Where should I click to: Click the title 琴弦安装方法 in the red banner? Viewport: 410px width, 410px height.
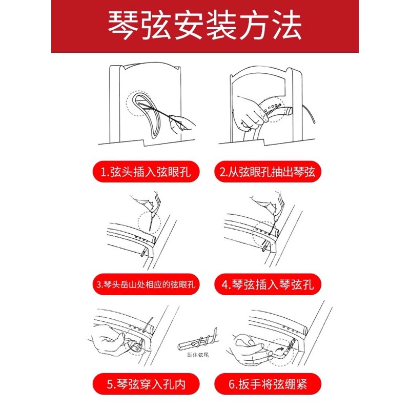[x=204, y=26]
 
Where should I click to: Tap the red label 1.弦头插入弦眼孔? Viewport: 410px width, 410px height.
[x=146, y=172]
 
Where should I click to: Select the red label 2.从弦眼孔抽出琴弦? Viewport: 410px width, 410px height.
[x=268, y=172]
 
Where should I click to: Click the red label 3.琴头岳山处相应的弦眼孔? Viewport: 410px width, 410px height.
[x=146, y=284]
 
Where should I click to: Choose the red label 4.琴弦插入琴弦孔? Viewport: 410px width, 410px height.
[x=268, y=284]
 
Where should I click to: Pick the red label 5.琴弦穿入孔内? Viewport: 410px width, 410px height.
[x=146, y=384]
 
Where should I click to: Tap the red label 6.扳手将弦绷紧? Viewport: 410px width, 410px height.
[x=268, y=384]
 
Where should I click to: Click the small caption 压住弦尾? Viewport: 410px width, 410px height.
[x=198, y=355]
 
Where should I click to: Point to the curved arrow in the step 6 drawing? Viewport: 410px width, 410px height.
[x=280, y=349]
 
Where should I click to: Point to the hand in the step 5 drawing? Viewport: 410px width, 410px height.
[x=110, y=340]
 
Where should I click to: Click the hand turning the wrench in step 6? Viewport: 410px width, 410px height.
[x=251, y=351]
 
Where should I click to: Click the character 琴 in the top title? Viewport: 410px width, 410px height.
[x=122, y=26]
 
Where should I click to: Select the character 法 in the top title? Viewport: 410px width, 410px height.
[x=287, y=26]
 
